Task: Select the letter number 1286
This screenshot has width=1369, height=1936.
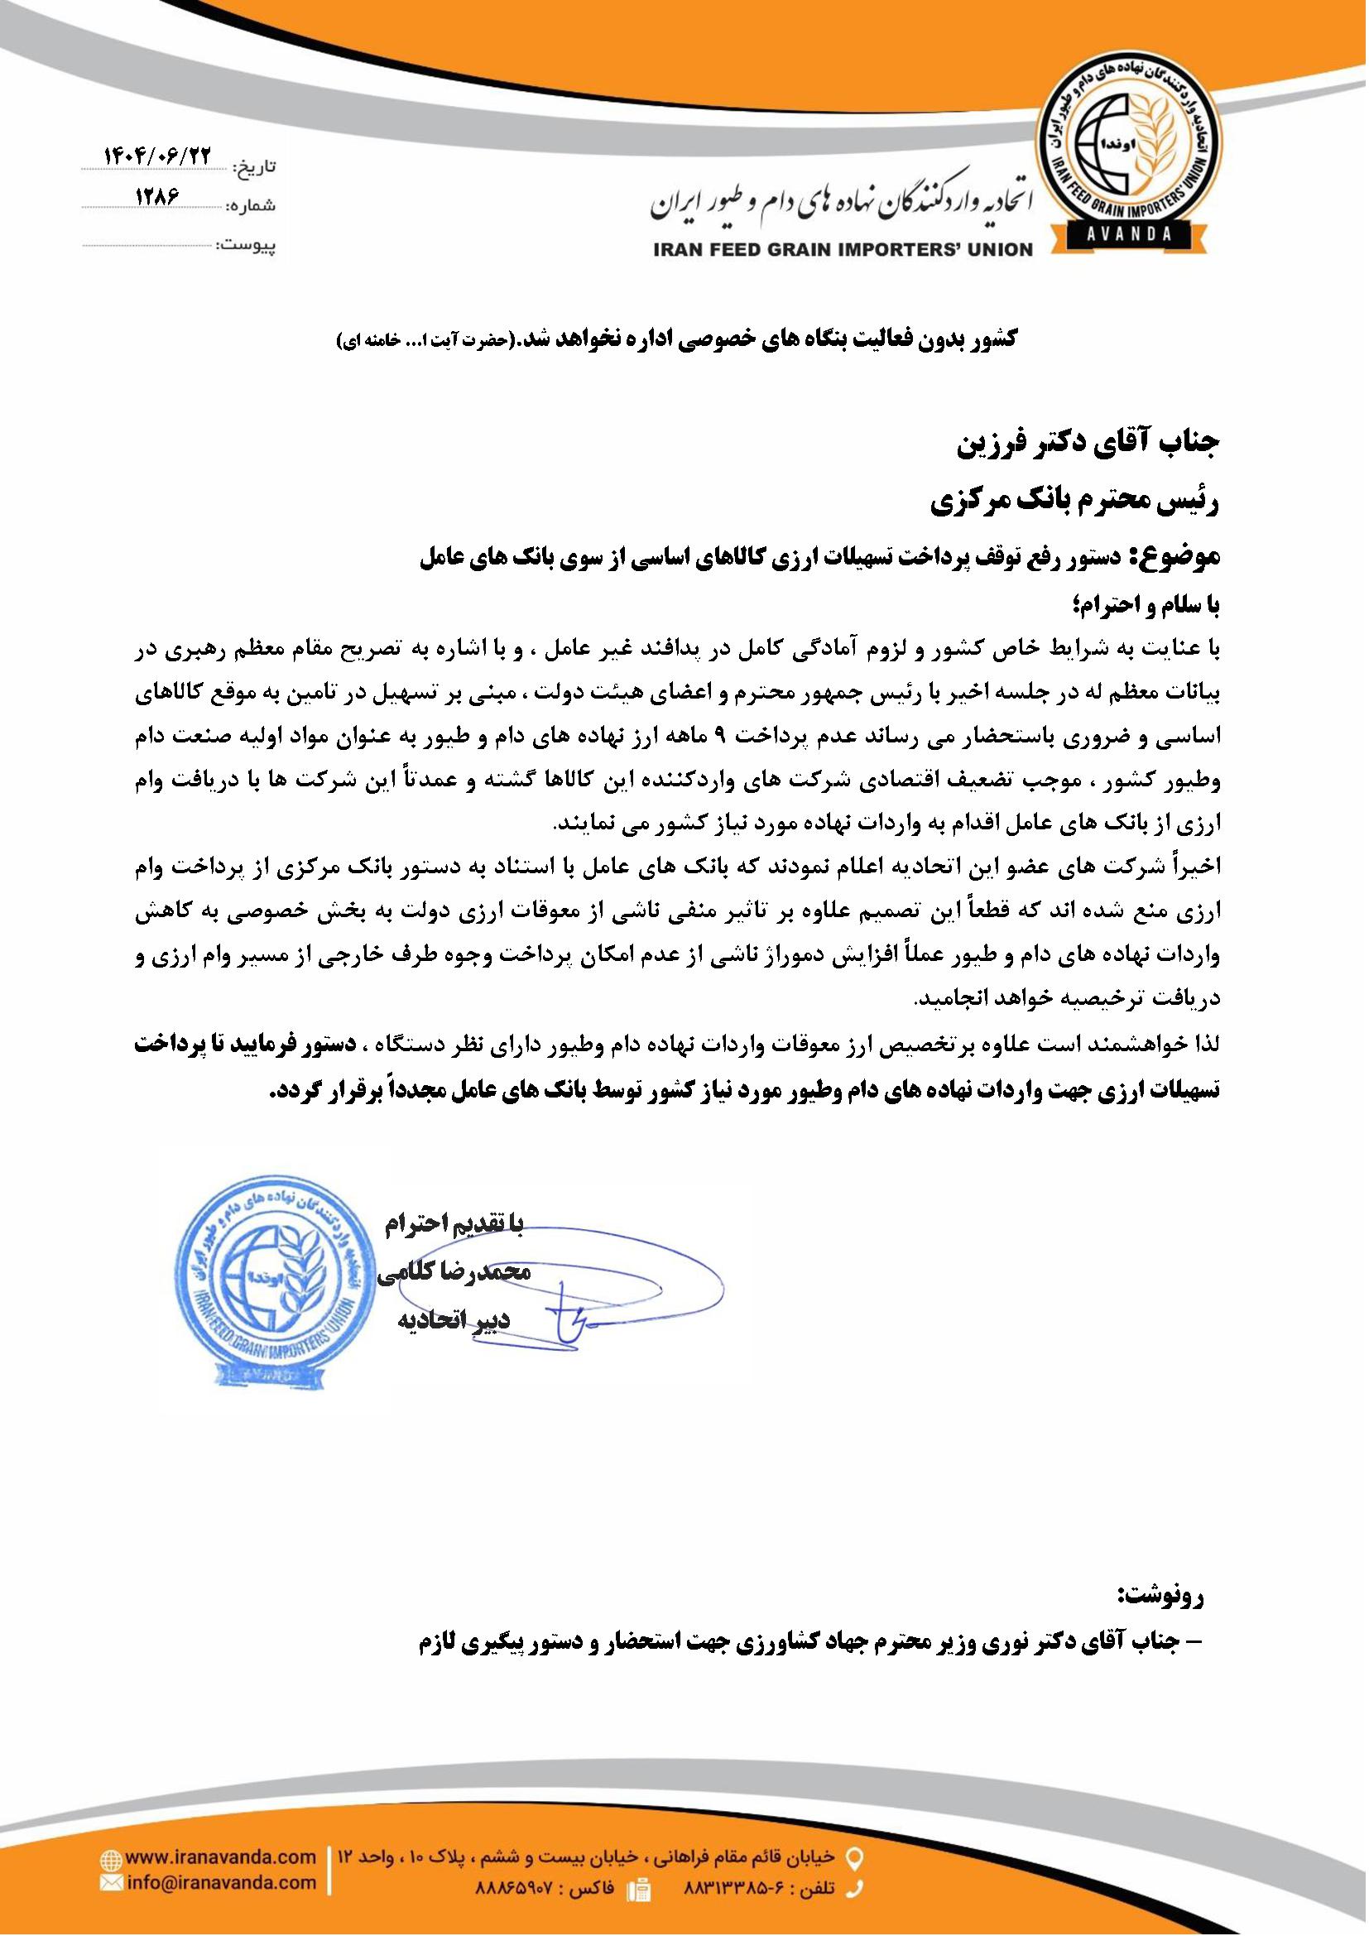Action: pos(158,195)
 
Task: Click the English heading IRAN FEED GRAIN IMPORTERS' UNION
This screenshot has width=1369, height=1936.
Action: pos(841,249)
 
